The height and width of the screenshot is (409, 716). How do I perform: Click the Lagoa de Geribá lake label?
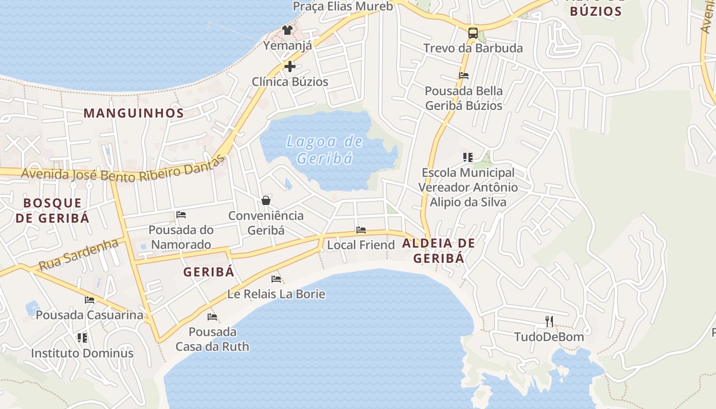pyautogui.click(x=325, y=150)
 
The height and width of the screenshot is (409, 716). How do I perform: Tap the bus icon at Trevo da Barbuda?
pyautogui.click(x=473, y=33)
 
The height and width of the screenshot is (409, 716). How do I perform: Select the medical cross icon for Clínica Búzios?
pyautogui.click(x=290, y=66)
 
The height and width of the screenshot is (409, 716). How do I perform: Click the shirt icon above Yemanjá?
pyautogui.click(x=287, y=30)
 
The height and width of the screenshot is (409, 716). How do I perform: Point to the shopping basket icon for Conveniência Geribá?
pyautogui.click(x=266, y=200)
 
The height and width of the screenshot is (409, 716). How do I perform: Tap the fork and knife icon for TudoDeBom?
pyautogui.click(x=549, y=321)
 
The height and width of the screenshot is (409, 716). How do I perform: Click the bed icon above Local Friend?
pyautogui.click(x=361, y=230)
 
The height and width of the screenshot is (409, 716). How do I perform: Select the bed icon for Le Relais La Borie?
pyautogui.click(x=276, y=279)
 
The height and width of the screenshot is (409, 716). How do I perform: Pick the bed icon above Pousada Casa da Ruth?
pyautogui.click(x=212, y=317)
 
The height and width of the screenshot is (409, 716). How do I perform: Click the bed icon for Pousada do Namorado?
pyautogui.click(x=181, y=215)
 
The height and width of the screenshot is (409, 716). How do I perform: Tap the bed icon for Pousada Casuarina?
pyautogui.click(x=90, y=300)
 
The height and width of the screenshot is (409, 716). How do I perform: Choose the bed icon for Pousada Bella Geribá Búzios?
pyautogui.click(x=464, y=76)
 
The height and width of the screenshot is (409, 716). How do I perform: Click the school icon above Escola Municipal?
pyautogui.click(x=468, y=157)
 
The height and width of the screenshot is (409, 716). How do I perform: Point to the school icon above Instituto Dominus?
pyautogui.click(x=82, y=338)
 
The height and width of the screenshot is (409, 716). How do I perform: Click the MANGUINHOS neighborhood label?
pyautogui.click(x=133, y=113)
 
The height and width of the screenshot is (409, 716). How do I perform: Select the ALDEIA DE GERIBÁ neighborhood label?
pyautogui.click(x=439, y=251)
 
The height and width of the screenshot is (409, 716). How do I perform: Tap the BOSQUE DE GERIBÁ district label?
pyautogui.click(x=52, y=210)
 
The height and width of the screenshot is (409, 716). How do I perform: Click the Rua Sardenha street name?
pyautogui.click(x=78, y=255)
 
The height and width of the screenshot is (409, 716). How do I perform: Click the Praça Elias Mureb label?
pyautogui.click(x=343, y=7)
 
